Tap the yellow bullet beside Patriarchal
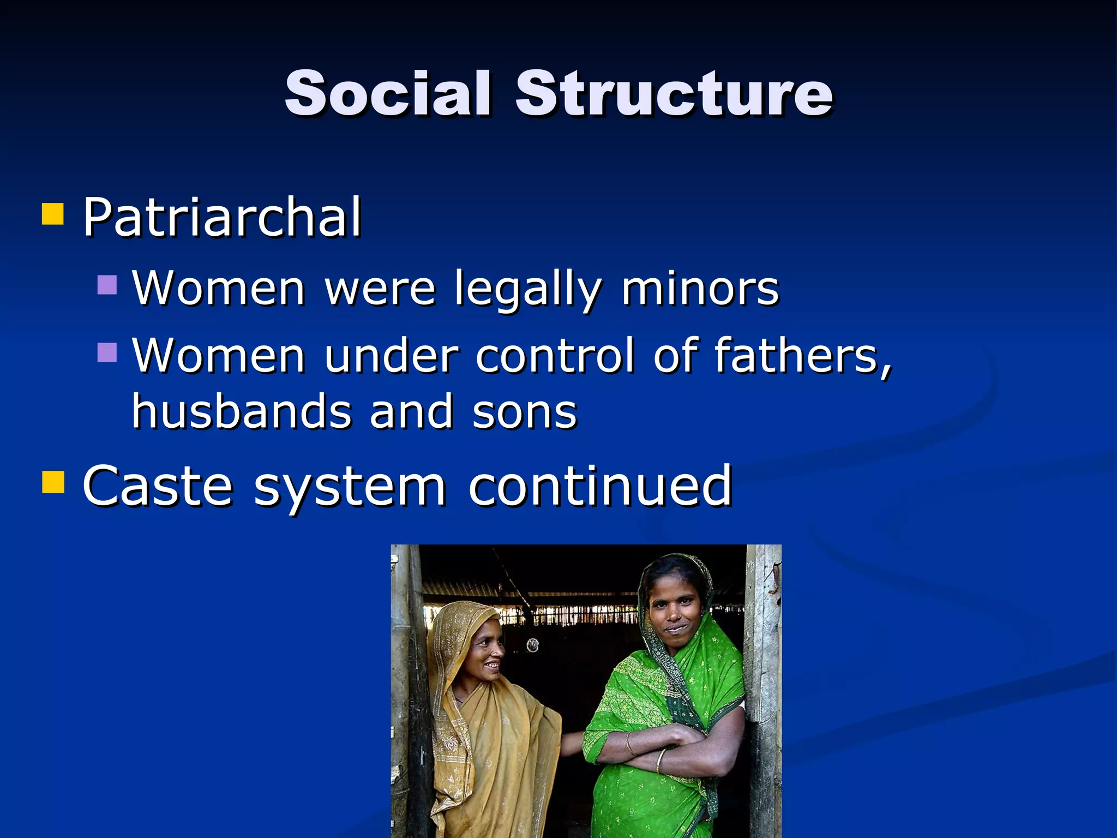coord(53,214)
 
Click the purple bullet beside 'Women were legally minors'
coord(107,285)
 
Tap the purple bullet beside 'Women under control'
coord(107,352)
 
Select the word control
coord(555,356)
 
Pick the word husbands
coord(242,411)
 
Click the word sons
coord(524,412)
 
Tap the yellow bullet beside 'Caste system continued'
coord(53,482)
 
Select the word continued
coord(600,486)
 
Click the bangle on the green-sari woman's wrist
coord(662,758)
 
